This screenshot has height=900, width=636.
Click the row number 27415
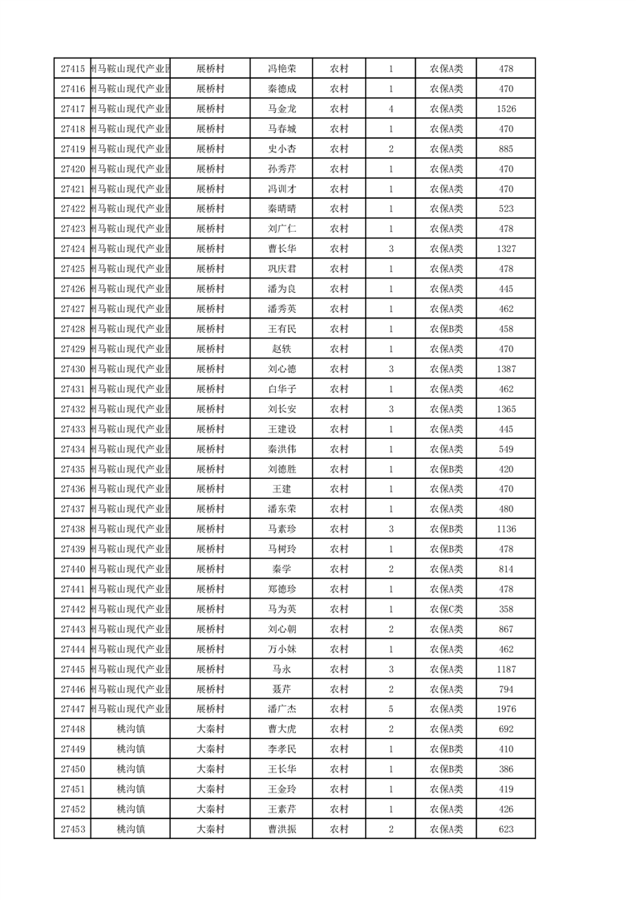[72, 69]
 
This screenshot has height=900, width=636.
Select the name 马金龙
[282, 109]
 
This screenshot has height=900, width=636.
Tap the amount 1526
[506, 109]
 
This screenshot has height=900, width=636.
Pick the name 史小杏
[282, 149]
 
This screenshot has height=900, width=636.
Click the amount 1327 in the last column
[506, 249]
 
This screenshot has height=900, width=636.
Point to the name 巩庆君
[282, 269]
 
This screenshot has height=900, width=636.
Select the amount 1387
[506, 369]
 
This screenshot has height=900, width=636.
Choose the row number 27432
[72, 409]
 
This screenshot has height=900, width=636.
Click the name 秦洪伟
[282, 449]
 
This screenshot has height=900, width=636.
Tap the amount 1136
[506, 529]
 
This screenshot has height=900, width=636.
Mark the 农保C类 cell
[446, 609]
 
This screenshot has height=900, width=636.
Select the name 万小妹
[282, 649]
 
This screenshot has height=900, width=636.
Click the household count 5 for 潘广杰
[391, 709]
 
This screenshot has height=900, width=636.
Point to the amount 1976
[506, 709]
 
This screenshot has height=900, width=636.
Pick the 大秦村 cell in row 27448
[210, 729]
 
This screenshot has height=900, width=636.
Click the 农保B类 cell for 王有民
[446, 329]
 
